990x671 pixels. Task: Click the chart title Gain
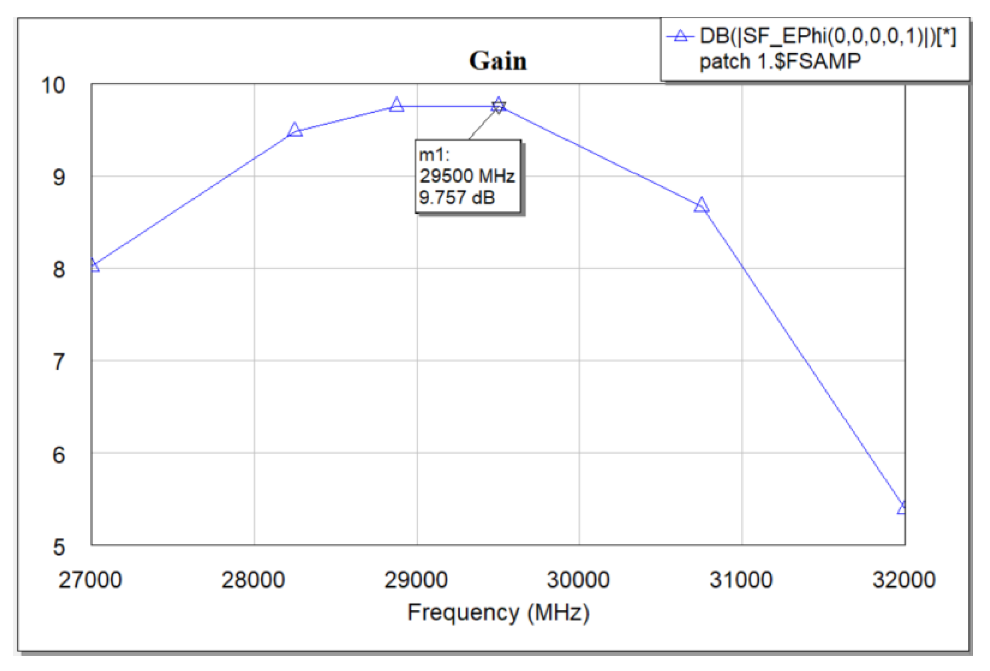(497, 61)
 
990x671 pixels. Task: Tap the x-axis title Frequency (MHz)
(498, 613)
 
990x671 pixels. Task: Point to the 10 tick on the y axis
(53, 86)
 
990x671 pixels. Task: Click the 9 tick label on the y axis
(59, 177)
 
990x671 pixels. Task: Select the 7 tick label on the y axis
(59, 362)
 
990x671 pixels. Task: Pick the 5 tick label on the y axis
(59, 547)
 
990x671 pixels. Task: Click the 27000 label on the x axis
(90, 580)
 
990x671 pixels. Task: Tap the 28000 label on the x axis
(253, 580)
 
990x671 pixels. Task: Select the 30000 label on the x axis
(578, 580)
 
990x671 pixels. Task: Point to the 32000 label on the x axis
(904, 580)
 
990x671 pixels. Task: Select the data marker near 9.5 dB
(295, 130)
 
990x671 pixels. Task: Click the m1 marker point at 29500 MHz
(498, 105)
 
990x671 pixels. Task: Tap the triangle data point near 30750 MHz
(701, 206)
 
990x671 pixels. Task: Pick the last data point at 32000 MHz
(902, 508)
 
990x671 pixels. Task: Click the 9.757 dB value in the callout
(457, 197)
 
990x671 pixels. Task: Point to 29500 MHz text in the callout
(467, 176)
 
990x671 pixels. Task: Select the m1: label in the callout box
(434, 155)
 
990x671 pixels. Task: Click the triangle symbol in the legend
(681, 36)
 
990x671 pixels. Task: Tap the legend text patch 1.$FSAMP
(780, 61)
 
